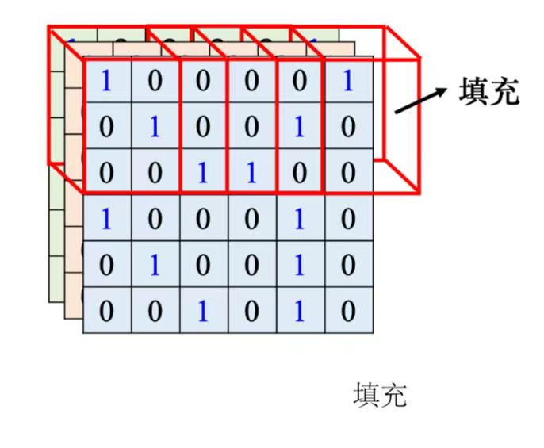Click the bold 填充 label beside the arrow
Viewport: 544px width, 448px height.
click(x=488, y=92)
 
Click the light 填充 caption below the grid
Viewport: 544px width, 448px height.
click(x=379, y=394)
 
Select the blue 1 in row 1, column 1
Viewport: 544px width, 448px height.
click(x=106, y=81)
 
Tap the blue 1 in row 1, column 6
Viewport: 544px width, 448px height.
click(x=347, y=81)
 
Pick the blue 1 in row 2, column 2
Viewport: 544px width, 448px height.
click(x=155, y=127)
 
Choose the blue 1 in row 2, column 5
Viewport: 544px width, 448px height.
click(x=299, y=127)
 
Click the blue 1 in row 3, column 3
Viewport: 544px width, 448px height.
click(x=203, y=173)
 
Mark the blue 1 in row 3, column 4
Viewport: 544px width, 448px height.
click(x=251, y=173)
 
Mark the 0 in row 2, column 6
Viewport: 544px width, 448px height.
click(x=347, y=127)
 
